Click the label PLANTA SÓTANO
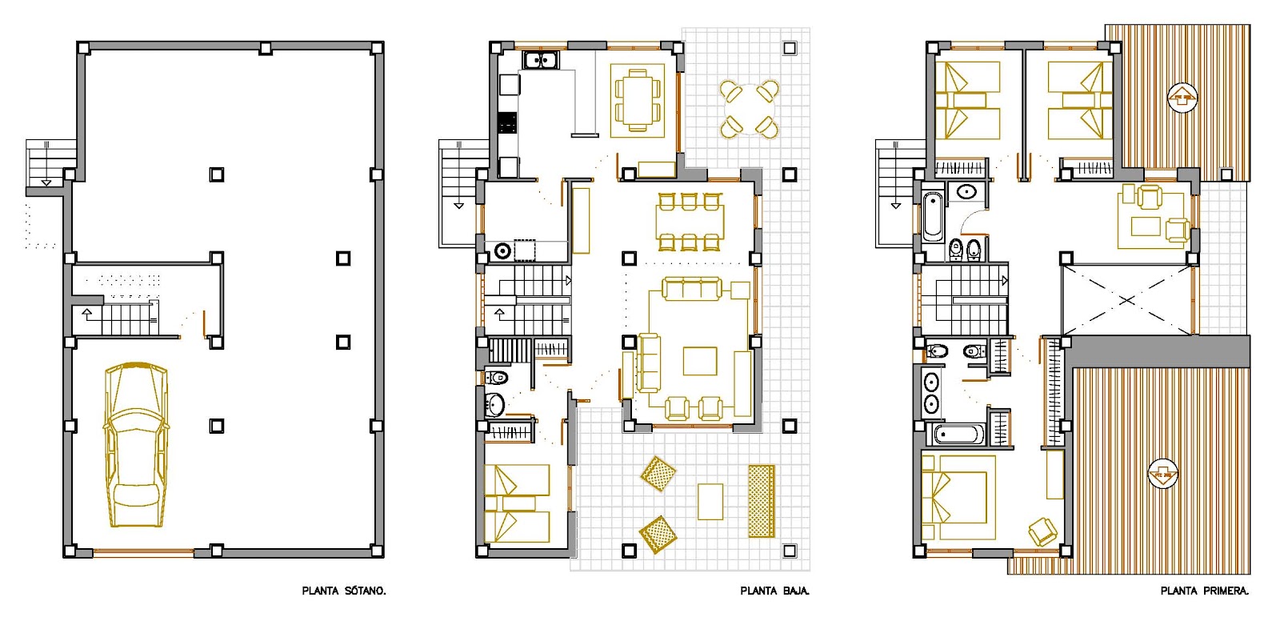344,591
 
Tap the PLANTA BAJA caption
775,591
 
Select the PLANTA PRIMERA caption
1205,591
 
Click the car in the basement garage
136,444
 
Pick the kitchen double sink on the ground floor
540,60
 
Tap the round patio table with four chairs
749,109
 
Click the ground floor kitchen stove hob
507,123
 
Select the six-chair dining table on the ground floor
689,222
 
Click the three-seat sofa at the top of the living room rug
691,289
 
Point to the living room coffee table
700,362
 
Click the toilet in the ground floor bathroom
496,378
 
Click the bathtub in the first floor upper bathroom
933,217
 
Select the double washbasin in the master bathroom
931,392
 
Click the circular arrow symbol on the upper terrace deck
1182,98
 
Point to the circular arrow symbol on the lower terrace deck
1163,475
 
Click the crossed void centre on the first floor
1126,299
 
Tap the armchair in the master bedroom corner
1043,531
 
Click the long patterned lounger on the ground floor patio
762,502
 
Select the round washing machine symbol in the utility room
502,250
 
